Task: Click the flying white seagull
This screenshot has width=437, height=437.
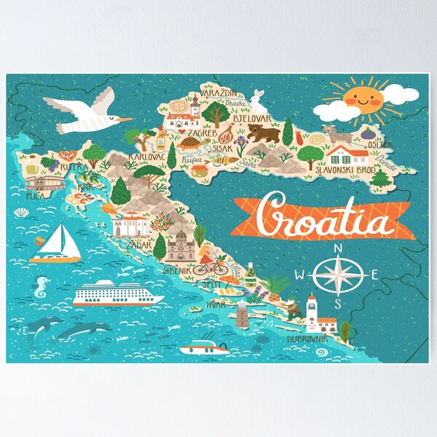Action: (x=86, y=113)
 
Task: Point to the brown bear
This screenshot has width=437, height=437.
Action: (x=263, y=133)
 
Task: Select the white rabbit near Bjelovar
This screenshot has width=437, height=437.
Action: (x=256, y=102)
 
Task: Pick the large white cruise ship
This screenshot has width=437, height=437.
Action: (x=119, y=294)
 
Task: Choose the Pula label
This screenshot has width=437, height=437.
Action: (x=33, y=196)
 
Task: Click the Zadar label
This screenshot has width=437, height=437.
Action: (x=138, y=245)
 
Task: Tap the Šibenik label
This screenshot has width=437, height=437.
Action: (x=177, y=270)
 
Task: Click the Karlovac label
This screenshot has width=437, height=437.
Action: (x=146, y=156)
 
